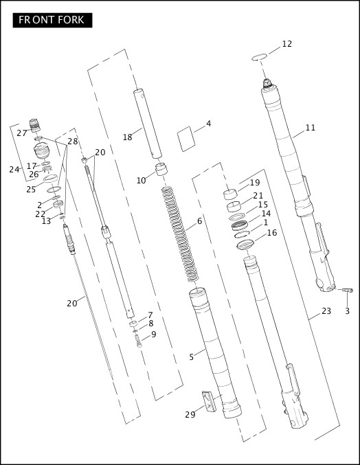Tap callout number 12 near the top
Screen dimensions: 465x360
click(x=286, y=44)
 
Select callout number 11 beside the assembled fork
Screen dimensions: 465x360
click(x=311, y=127)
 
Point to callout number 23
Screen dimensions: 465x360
click(x=326, y=311)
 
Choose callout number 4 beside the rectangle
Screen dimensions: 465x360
click(x=208, y=124)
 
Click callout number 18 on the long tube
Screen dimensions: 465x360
click(x=127, y=137)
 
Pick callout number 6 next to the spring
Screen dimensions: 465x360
click(x=200, y=221)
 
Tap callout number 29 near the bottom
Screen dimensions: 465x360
click(x=190, y=414)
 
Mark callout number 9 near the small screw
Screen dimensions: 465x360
click(x=153, y=334)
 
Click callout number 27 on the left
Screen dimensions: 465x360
click(x=22, y=133)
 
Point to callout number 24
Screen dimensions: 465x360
click(x=14, y=170)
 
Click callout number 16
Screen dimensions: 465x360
click(x=272, y=233)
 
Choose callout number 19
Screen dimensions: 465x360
click(x=255, y=183)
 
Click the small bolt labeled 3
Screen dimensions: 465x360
click(x=347, y=292)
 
